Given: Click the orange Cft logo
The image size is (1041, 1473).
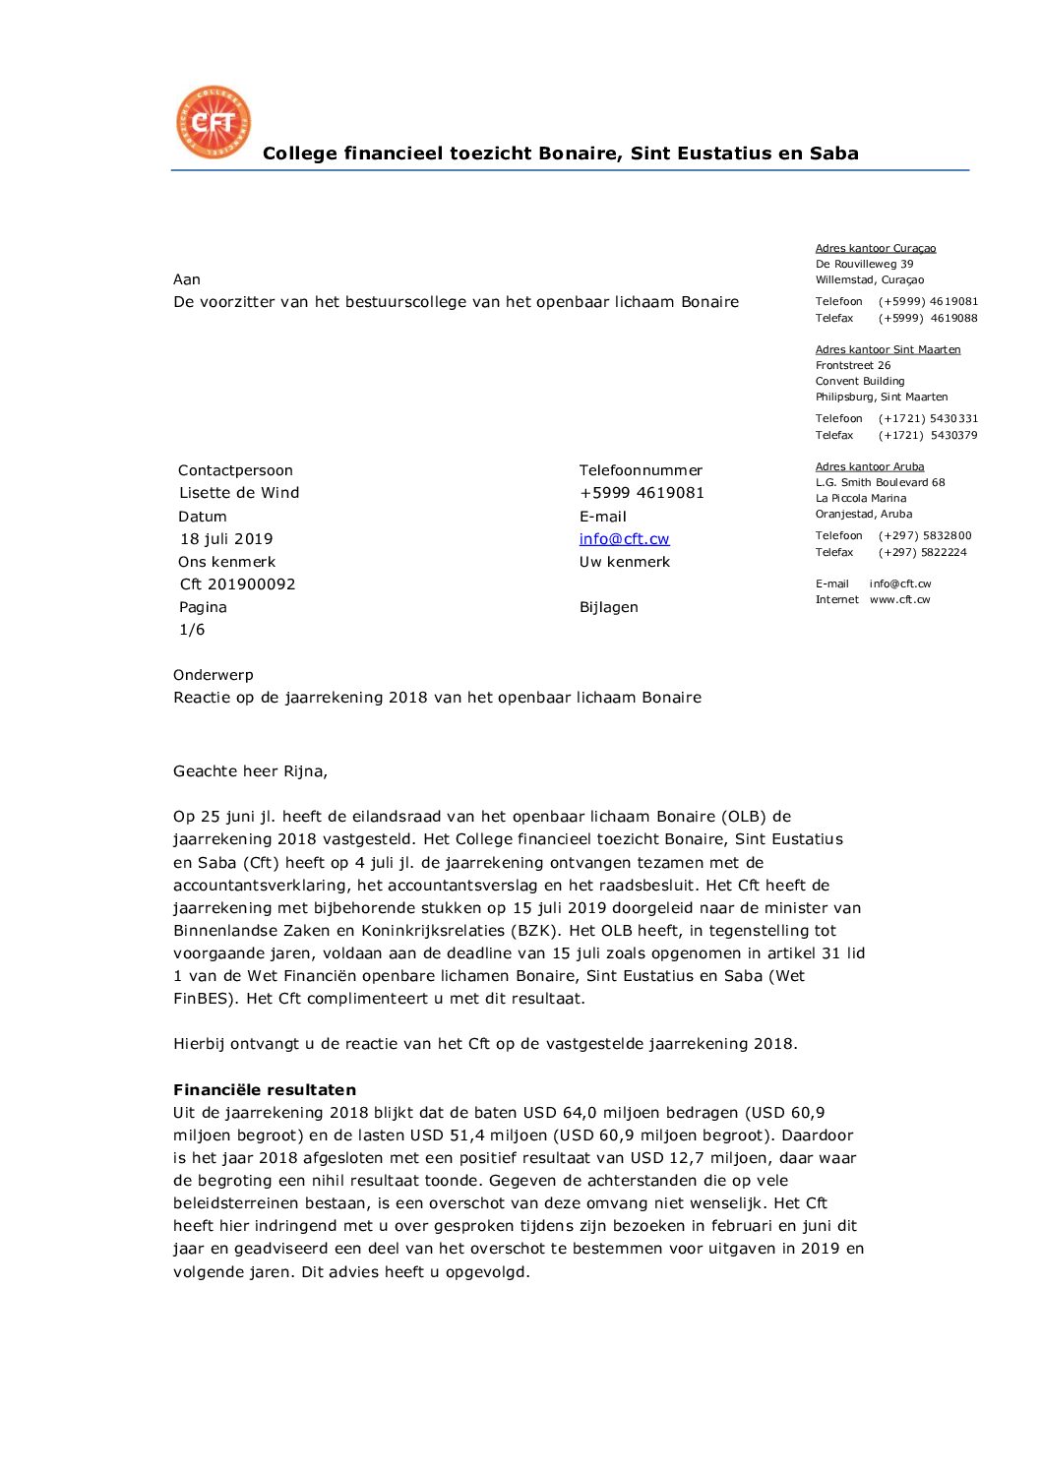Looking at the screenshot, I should [214, 122].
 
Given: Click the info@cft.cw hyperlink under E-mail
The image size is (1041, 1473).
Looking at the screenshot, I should [624, 538].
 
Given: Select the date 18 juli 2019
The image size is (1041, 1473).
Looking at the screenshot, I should [226, 538].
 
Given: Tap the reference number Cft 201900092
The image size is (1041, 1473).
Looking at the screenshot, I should [237, 583].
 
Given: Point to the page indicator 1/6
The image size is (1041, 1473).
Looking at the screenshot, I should [192, 630].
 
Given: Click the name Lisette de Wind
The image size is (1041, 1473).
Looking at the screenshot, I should [239, 493].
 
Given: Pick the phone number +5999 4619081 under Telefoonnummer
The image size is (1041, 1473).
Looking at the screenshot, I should [642, 493].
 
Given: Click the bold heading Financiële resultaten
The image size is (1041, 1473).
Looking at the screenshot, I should [265, 1089].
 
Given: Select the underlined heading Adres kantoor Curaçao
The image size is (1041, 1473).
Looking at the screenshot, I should [876, 248].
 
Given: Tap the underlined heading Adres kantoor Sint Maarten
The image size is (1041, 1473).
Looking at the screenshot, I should [888, 349].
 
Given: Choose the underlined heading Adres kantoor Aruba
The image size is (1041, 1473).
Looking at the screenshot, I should [870, 466].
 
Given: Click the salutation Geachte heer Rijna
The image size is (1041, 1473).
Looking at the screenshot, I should [250, 771].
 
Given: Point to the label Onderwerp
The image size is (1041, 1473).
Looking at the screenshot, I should [214, 675].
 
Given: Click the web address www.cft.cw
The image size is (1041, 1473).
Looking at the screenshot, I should [899, 599].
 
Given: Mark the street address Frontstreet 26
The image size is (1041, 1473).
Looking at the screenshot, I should [853, 365].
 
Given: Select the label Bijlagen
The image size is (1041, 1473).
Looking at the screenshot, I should [608, 607].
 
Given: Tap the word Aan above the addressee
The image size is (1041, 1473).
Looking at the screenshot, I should [187, 279].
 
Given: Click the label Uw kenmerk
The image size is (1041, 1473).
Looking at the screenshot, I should [624, 562].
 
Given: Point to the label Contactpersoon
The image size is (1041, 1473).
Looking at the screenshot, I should [235, 470].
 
